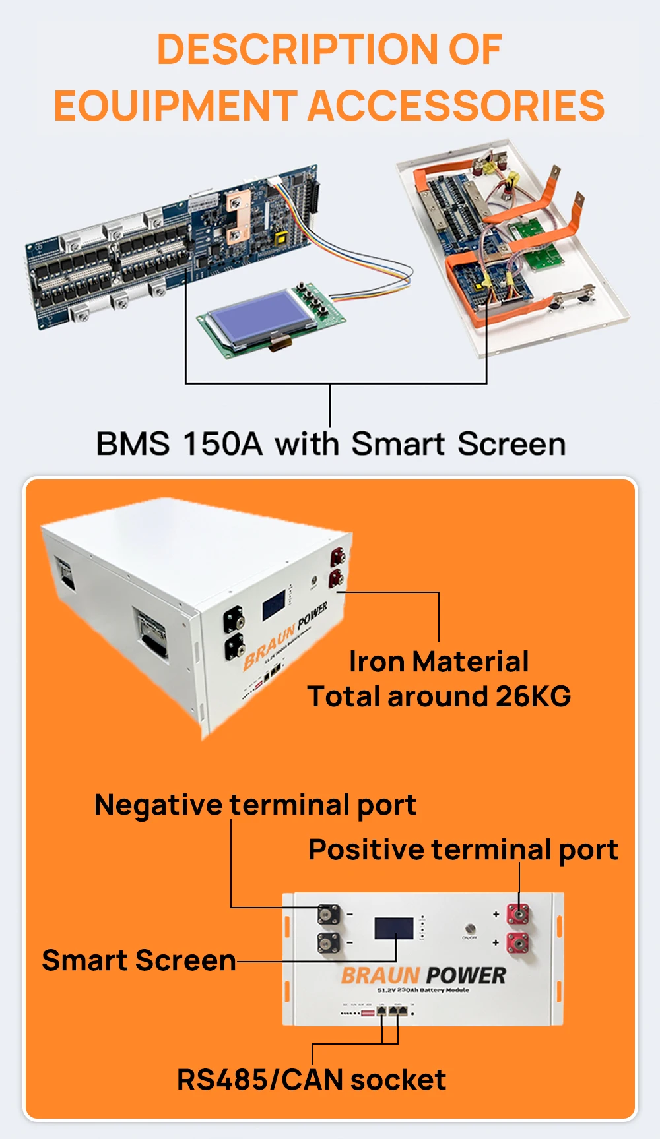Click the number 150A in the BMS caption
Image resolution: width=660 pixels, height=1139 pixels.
pos(222,444)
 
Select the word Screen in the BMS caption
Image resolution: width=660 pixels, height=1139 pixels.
pos(511,444)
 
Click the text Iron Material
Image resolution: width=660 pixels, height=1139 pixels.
pos(439,662)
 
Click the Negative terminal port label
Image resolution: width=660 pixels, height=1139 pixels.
pos(255,805)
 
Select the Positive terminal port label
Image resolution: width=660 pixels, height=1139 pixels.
pos(463,849)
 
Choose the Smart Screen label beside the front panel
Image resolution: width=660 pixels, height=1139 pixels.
pos(139,960)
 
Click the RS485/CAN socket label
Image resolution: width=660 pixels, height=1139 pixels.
pos(312,1080)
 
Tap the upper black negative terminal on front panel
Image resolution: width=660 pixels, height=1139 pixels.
pos(329,915)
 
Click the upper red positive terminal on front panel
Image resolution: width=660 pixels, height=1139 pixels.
pos(517,914)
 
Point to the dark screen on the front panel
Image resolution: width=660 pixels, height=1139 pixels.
pos(393,928)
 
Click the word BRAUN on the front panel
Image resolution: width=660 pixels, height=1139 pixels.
pos(380,975)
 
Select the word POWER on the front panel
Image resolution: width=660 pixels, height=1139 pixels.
pos(466,975)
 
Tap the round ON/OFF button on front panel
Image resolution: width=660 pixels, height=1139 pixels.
pos(469,928)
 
